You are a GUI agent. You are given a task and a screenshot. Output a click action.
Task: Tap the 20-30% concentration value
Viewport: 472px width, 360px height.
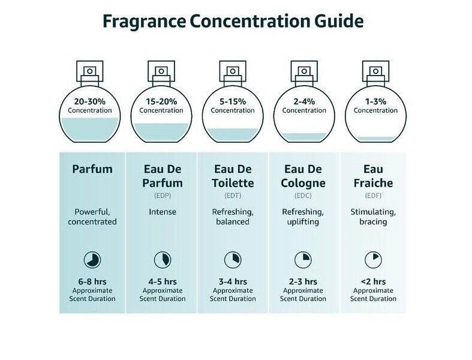tap(89, 101)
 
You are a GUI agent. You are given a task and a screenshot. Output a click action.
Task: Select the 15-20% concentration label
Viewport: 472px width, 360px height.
tap(161, 101)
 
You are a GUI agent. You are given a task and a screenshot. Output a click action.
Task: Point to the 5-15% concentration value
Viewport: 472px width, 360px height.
tap(233, 101)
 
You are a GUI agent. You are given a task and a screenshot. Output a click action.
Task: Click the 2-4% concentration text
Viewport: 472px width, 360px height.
tap(304, 101)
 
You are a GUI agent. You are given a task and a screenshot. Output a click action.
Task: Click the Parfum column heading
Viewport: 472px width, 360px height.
tap(92, 169)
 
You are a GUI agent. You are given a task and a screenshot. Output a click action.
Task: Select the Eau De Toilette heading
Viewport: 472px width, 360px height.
tap(233, 175)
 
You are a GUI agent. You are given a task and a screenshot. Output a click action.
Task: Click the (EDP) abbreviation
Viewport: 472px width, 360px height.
tap(163, 196)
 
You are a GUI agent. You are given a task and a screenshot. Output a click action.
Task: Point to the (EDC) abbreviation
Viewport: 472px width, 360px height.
tap(303, 196)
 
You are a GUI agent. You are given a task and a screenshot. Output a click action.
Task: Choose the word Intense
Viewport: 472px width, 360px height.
tap(163, 212)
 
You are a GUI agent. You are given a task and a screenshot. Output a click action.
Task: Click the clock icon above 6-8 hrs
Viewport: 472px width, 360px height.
tap(92, 260)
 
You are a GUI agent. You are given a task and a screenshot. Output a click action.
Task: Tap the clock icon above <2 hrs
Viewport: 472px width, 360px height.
tap(373, 260)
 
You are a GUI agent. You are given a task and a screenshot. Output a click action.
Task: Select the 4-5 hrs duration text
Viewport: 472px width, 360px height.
tap(163, 281)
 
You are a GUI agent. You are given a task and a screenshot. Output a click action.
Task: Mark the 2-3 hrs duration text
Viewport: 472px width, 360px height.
tap(303, 281)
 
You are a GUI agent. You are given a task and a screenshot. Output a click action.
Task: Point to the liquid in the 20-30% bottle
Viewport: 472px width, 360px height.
tap(89, 129)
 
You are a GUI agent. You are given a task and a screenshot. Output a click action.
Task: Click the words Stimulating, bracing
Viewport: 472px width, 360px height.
tap(373, 217)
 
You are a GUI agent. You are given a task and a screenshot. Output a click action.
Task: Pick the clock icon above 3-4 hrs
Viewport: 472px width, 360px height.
tap(233, 260)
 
